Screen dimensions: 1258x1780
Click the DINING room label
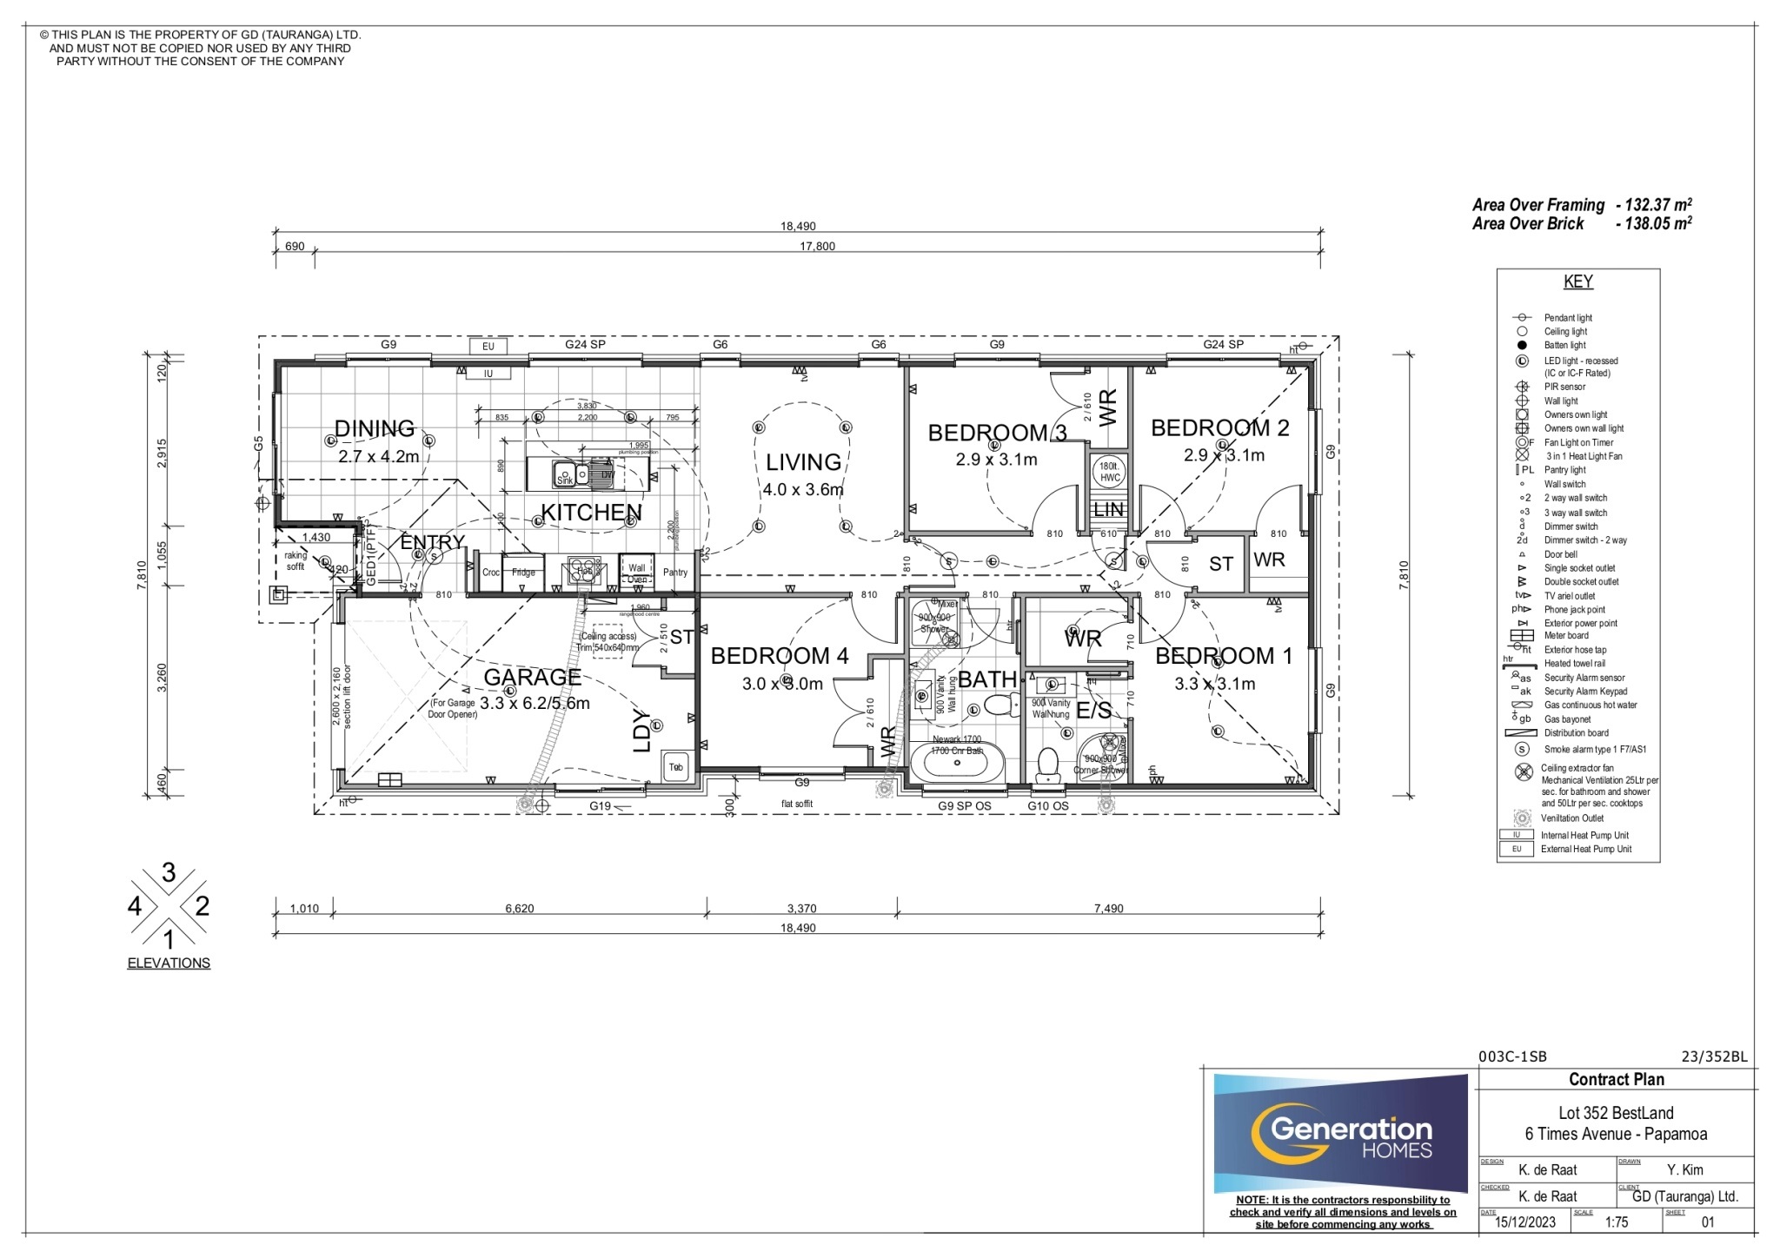(375, 428)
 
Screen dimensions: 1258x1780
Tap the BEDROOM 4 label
(780, 656)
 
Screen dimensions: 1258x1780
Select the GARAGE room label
(532, 677)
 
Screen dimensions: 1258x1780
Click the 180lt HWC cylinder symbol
(1110, 472)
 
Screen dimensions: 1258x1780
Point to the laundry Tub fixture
(676, 767)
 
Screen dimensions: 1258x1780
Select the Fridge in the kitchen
(523, 572)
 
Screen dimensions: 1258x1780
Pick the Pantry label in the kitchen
(675, 572)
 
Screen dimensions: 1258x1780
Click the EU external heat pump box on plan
(488, 346)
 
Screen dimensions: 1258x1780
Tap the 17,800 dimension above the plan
(817, 246)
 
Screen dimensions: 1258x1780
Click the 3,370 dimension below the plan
(801, 909)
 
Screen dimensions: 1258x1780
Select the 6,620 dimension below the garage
(520, 909)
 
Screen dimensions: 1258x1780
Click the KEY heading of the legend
(1577, 281)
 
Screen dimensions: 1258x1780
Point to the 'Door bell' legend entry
(1560, 554)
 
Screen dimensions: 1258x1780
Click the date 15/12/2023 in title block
(1525, 1222)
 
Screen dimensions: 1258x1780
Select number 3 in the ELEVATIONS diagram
(169, 872)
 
